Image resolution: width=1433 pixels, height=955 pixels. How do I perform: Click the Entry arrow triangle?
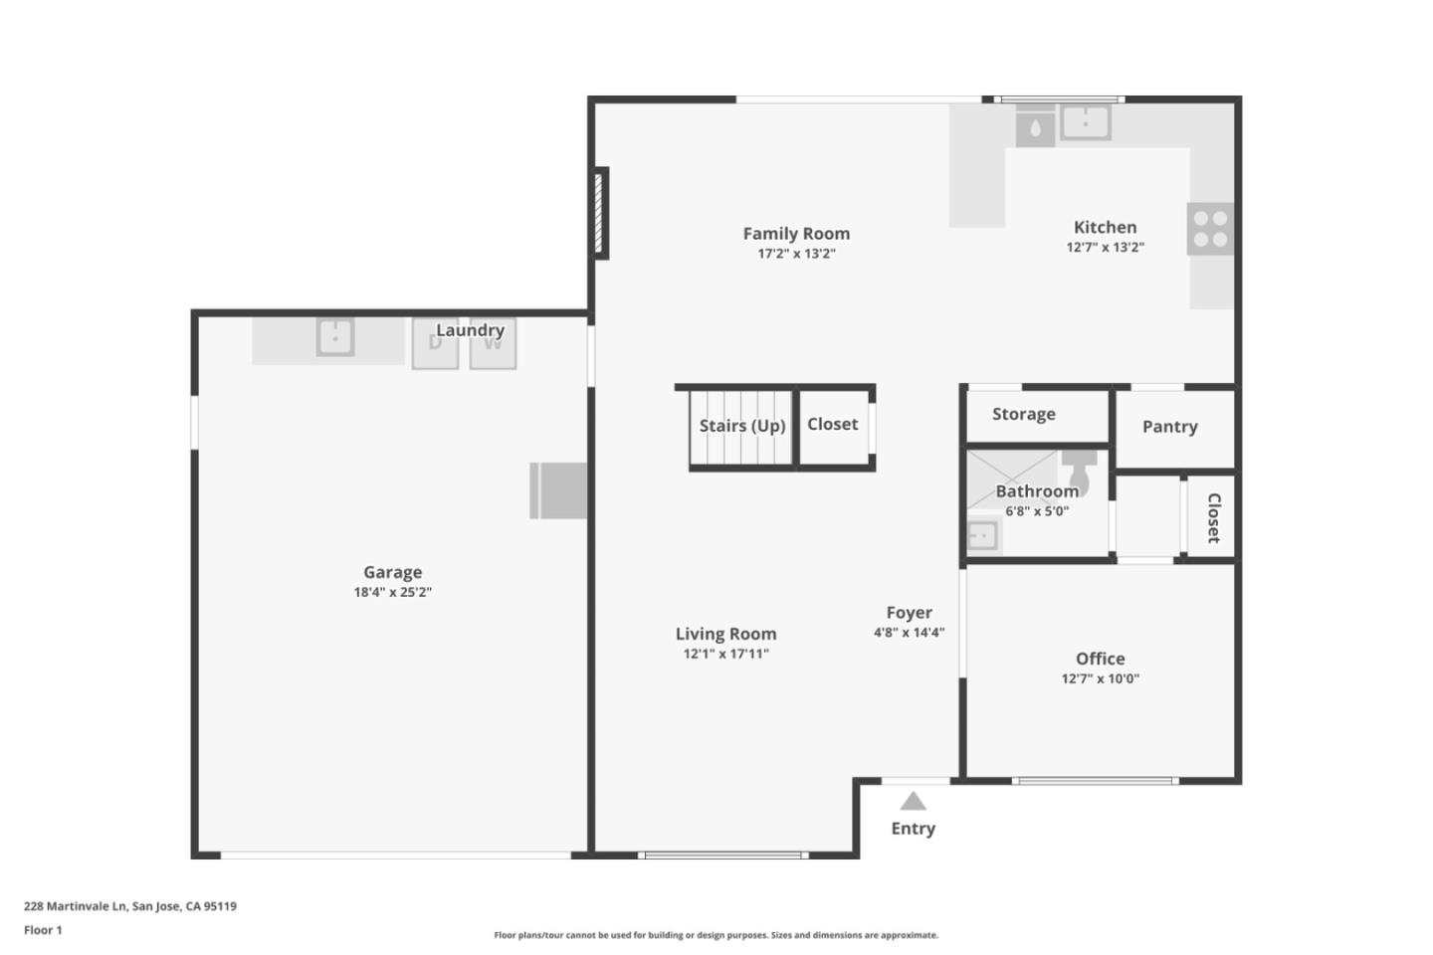click(x=913, y=802)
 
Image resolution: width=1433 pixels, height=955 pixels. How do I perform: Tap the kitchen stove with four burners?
click(x=1210, y=229)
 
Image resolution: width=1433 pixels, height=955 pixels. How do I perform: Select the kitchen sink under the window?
click(x=1085, y=122)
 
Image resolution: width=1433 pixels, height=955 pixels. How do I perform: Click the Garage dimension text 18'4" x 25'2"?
click(x=392, y=592)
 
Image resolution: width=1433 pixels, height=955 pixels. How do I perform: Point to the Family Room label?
click(x=796, y=234)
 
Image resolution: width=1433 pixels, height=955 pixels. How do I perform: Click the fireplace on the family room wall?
click(x=600, y=214)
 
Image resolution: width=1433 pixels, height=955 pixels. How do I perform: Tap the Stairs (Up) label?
click(x=741, y=426)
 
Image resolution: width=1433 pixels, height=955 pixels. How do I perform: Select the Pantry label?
click(x=1169, y=427)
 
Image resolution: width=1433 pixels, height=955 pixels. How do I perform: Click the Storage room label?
click(x=1023, y=414)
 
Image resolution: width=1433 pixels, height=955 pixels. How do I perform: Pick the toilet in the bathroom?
click(x=1080, y=470)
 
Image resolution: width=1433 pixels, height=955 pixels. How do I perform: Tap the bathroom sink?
click(x=982, y=535)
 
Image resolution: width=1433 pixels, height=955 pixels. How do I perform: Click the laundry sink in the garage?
click(x=335, y=337)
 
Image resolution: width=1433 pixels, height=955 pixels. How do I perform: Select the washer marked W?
click(x=493, y=344)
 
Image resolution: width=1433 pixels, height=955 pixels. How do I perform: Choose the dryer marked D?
click(x=435, y=344)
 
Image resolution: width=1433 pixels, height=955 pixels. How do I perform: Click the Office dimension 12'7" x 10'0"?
click(x=1100, y=678)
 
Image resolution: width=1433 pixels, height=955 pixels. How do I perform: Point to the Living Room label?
click(x=725, y=634)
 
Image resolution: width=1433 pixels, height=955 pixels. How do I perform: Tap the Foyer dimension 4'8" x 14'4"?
click(x=909, y=632)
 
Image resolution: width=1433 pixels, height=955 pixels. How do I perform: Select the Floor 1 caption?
click(x=43, y=930)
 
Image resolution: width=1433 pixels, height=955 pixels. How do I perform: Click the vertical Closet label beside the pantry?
click(x=1213, y=517)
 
